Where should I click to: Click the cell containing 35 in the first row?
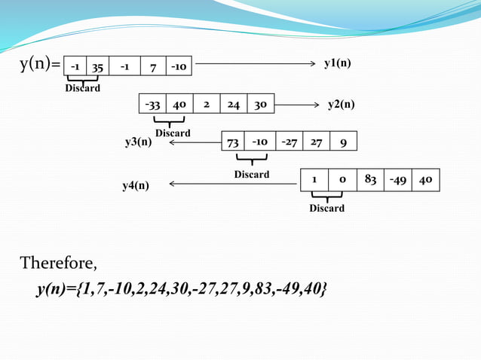[97, 67]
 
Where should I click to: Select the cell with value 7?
[152, 67]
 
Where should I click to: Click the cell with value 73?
[233, 142]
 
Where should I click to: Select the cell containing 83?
[370, 180]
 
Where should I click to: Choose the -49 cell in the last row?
[397, 180]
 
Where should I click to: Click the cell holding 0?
[342, 180]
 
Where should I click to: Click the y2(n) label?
[341, 104]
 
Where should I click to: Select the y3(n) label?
[138, 141]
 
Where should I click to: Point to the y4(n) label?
[136, 185]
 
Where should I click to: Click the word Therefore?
[58, 263]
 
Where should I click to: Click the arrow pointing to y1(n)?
[256, 64]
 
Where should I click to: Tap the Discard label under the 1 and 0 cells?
[326, 208]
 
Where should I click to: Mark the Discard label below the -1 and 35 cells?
[82, 88]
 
